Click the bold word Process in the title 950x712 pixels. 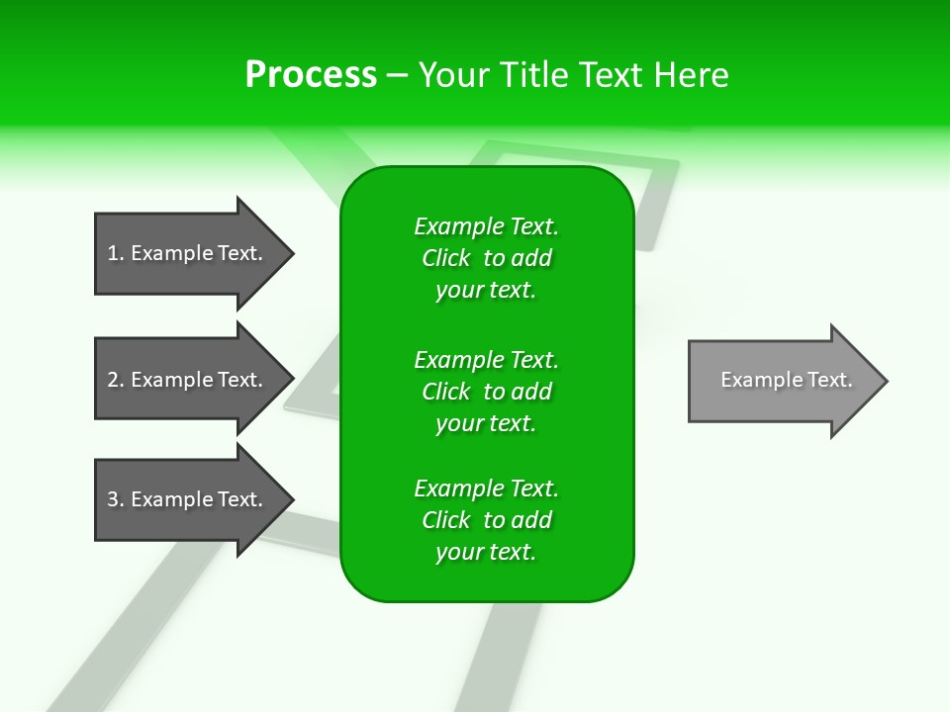coord(311,74)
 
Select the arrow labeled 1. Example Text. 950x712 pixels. coord(188,253)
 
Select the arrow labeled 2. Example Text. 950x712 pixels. coord(188,380)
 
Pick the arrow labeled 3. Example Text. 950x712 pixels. coord(188,499)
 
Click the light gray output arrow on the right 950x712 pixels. coord(782,381)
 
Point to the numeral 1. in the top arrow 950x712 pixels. coord(116,253)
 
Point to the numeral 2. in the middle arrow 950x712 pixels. coord(116,380)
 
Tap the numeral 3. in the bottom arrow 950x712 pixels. coord(116,499)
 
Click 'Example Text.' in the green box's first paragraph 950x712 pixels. coord(486,226)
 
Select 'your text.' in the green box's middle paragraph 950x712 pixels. coord(486,423)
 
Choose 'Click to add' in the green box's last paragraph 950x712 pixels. coord(486,520)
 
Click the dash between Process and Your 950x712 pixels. coord(397,75)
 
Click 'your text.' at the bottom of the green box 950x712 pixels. coord(486,552)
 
